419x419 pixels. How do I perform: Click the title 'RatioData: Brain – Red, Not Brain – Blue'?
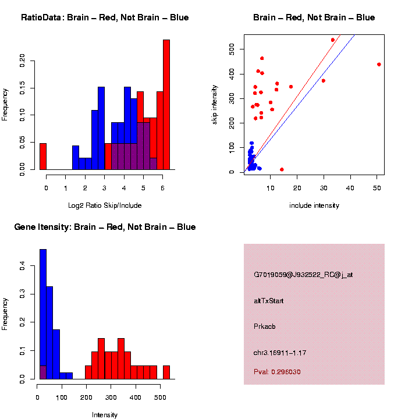click(x=105, y=17)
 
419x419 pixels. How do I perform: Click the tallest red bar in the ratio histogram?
click(x=166, y=105)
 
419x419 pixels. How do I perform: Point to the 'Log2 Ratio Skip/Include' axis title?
click(x=104, y=205)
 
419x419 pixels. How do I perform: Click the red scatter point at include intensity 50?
click(x=379, y=65)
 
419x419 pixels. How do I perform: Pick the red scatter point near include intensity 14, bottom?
click(x=282, y=169)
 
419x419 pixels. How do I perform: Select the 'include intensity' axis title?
click(x=314, y=205)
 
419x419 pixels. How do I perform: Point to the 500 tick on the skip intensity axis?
click(x=232, y=51)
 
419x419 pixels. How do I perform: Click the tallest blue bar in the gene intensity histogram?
click(x=43, y=314)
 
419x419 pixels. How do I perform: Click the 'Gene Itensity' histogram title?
click(x=105, y=227)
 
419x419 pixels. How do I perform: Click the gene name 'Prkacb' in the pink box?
click(x=265, y=326)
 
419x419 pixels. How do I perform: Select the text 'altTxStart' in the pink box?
click(x=269, y=301)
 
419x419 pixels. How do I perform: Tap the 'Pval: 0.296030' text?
click(x=277, y=371)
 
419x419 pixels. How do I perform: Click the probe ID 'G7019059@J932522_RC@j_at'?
click(x=303, y=275)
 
